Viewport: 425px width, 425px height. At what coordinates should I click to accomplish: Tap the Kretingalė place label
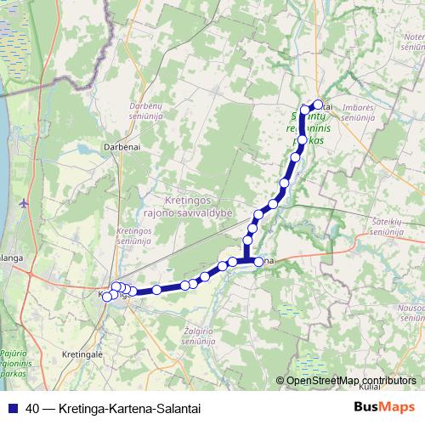(x=82, y=353)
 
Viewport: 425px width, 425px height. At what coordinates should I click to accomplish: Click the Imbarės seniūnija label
(x=358, y=112)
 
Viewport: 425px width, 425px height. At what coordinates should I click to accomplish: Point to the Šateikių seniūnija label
(x=391, y=225)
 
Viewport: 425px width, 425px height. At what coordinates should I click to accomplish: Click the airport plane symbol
(x=24, y=202)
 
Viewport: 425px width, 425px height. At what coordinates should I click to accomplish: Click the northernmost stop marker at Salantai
(x=319, y=105)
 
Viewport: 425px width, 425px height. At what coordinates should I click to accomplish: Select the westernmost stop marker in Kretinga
(x=106, y=296)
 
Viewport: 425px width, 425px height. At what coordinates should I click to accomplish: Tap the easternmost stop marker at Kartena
(x=259, y=261)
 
